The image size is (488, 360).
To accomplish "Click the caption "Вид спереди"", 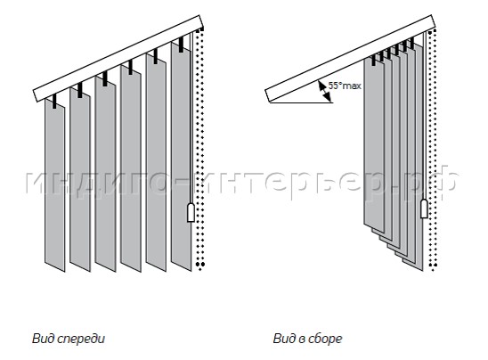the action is tap(69, 339).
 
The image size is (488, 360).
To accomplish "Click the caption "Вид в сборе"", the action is tap(307, 339).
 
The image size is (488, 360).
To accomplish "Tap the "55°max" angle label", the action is tap(345, 86).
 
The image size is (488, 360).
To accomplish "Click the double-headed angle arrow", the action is tap(324, 91).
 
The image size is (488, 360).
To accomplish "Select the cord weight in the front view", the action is tap(191, 212).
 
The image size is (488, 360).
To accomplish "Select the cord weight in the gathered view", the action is tap(424, 209).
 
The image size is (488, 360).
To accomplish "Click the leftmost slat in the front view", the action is tap(55, 185).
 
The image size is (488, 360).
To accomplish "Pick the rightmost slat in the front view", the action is tap(181, 156).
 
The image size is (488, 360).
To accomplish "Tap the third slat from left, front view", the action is tap(105, 174).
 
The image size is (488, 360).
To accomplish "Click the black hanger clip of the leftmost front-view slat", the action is tap(54, 102).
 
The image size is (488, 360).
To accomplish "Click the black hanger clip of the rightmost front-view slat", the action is tap(181, 45).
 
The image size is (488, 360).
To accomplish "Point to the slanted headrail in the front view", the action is tap(118, 58).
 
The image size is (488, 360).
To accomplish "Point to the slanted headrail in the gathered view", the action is tap(350, 58).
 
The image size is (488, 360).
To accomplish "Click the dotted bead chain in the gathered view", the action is tap(433, 150).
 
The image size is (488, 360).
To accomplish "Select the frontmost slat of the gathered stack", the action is tap(374, 144).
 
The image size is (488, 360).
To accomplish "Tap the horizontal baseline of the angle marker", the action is tap(301, 102).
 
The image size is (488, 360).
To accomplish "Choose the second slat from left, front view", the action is tap(80, 179).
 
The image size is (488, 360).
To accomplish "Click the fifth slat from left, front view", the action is tap(156, 162).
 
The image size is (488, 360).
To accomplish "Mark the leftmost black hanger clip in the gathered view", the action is tap(374, 60).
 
